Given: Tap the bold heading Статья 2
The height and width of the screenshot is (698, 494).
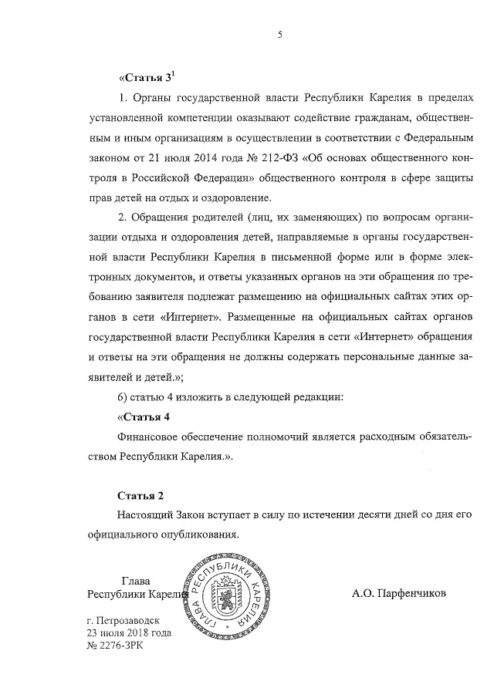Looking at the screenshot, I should click(x=140, y=494).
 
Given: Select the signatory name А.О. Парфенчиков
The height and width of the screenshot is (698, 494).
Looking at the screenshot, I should click(x=400, y=594).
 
